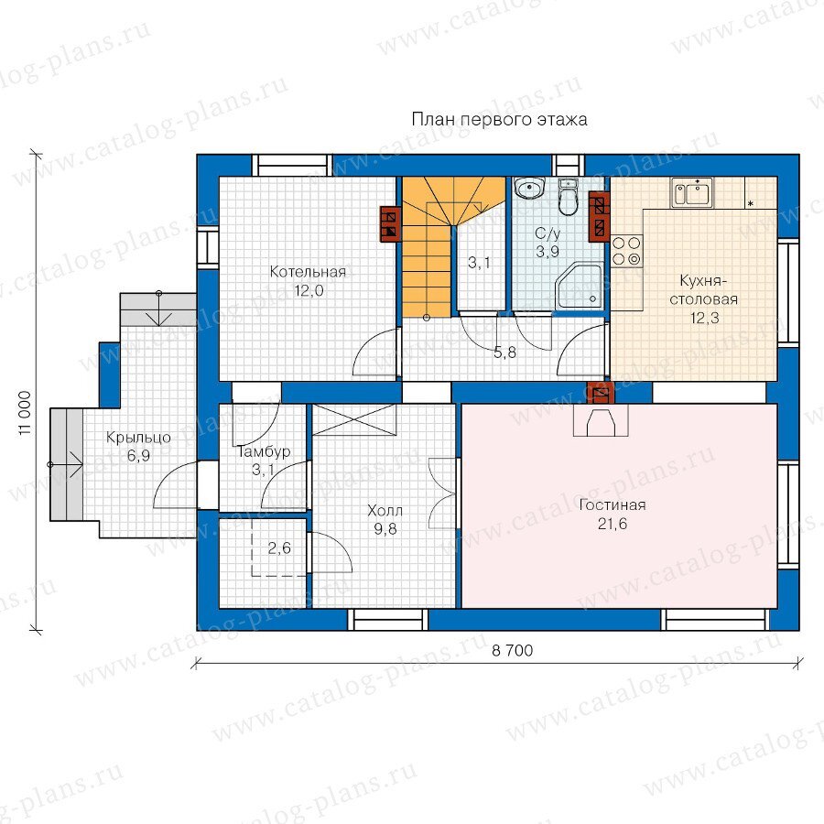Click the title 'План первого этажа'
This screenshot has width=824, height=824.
tap(499, 120)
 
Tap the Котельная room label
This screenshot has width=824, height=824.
tap(308, 272)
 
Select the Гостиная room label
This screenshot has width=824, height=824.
tap(613, 505)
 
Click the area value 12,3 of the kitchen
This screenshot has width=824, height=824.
tap(704, 318)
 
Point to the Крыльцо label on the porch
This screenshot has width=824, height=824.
tap(138, 438)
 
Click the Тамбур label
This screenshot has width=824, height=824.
tap(264, 451)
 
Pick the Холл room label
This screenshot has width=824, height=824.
tap(385, 510)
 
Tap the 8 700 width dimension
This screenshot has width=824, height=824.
tap(513, 651)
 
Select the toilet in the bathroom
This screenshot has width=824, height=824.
tap(568, 197)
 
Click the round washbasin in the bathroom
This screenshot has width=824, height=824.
tap(528, 188)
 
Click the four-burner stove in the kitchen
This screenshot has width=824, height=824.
tap(627, 251)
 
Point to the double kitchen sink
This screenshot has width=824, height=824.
tap(691, 192)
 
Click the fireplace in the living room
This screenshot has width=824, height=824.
tap(600, 420)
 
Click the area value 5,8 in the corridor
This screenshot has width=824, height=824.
tap(504, 352)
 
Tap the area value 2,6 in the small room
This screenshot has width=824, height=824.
tap(279, 548)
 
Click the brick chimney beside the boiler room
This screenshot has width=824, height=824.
tap(391, 222)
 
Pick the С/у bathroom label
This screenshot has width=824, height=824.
tap(548, 233)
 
